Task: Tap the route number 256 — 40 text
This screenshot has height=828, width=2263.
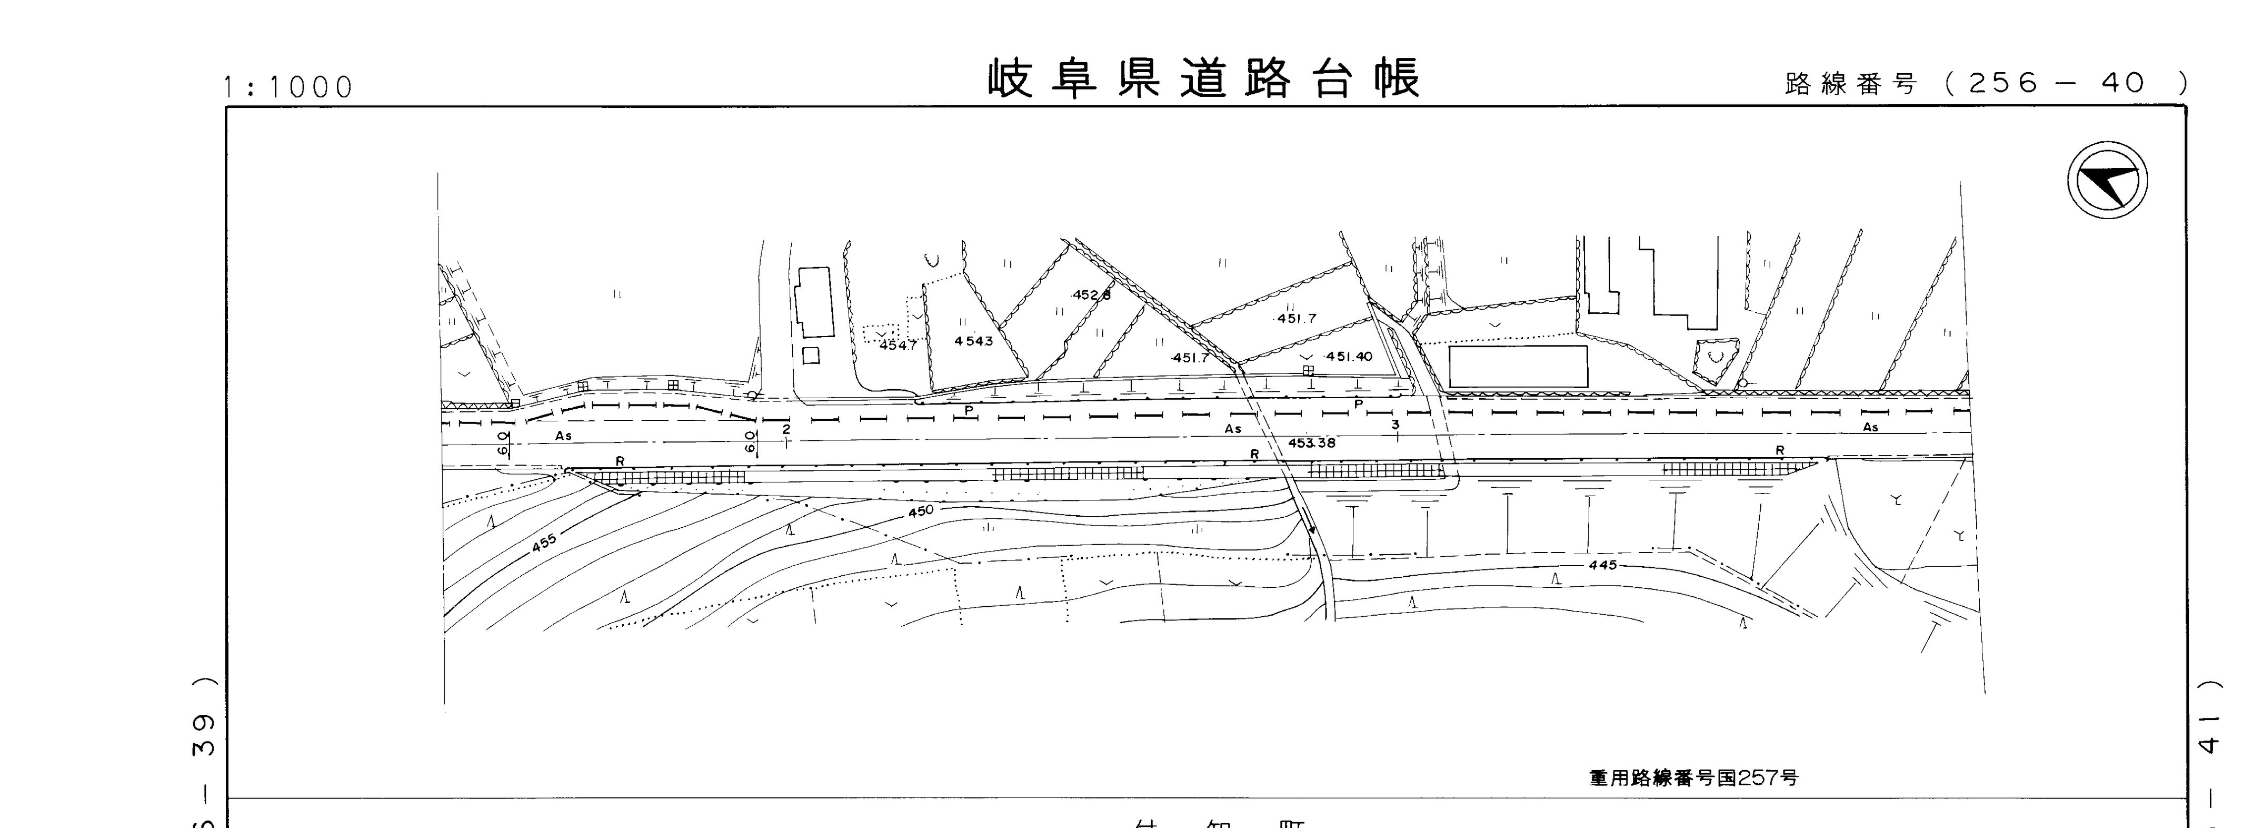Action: [2056, 84]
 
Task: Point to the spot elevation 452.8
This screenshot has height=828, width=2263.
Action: [1091, 295]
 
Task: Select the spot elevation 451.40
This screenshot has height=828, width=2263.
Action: [1349, 357]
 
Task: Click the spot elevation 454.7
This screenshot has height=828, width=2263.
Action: [898, 346]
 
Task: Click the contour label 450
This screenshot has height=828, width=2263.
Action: [921, 511]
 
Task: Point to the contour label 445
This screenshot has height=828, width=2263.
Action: [1602, 565]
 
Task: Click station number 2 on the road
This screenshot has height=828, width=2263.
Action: [786, 429]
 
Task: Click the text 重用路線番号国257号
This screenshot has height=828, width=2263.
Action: [1693, 778]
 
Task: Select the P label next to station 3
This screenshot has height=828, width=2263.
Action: [1358, 405]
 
